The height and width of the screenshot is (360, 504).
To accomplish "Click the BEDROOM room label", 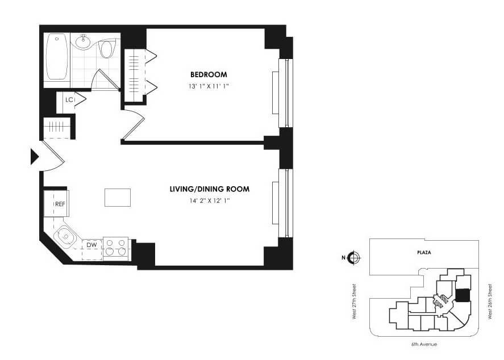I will point(209,74).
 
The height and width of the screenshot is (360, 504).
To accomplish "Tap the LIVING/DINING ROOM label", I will point(210,189).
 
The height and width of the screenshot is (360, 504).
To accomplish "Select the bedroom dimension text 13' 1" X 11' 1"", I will point(209,86).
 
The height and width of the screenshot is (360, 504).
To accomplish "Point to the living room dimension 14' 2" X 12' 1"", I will point(210,200).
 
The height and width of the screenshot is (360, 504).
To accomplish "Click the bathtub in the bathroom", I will point(57,57).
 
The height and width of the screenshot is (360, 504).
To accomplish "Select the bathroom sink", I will point(84,40).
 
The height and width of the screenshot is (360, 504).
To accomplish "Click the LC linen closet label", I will point(69,100).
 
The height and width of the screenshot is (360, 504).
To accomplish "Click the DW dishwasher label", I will point(91,245).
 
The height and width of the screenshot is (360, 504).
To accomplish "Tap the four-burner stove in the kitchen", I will point(115,248).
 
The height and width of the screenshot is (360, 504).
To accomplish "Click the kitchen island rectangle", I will point(117,197).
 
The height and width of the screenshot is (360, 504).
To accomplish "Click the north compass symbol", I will point(354,258).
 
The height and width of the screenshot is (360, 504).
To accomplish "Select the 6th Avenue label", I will point(424,344).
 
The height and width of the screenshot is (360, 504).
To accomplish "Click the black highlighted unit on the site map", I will point(463,296).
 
